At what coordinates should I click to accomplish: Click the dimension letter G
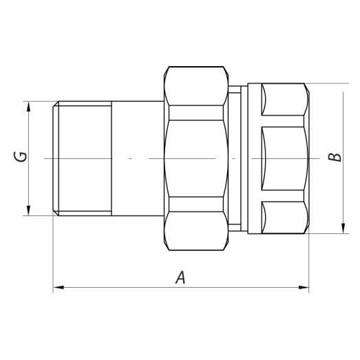click(22, 157)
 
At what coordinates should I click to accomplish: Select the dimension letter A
click(180, 277)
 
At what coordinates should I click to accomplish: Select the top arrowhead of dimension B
click(342, 88)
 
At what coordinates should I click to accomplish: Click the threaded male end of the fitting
click(83, 158)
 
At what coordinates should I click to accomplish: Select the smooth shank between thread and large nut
click(138, 158)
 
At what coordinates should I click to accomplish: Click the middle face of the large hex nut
click(197, 158)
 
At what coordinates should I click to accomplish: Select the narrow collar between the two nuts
click(235, 158)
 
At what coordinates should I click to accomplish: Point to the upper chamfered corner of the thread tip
click(55, 105)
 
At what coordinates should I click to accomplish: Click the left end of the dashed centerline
click(45, 158)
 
